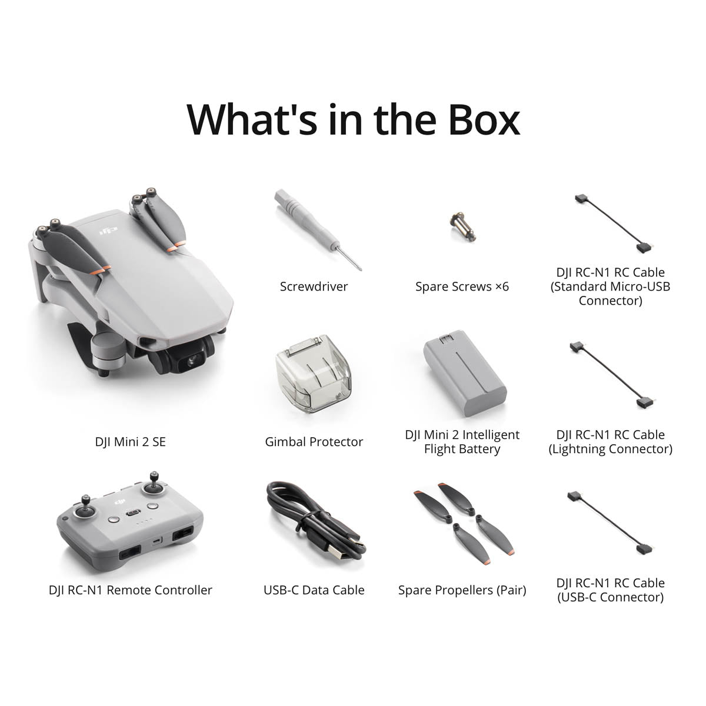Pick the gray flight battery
coord(465,376)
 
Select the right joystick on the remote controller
coord(154,485)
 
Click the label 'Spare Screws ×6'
coord(462,287)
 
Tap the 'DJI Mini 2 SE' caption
coord(130,441)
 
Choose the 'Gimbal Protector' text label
coord(314,442)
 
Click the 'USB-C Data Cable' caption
coord(314,590)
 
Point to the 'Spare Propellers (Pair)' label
coord(462,590)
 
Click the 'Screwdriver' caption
coord(314,287)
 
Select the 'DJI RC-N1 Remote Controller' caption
coord(130,590)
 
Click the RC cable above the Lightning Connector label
coord(610,376)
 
